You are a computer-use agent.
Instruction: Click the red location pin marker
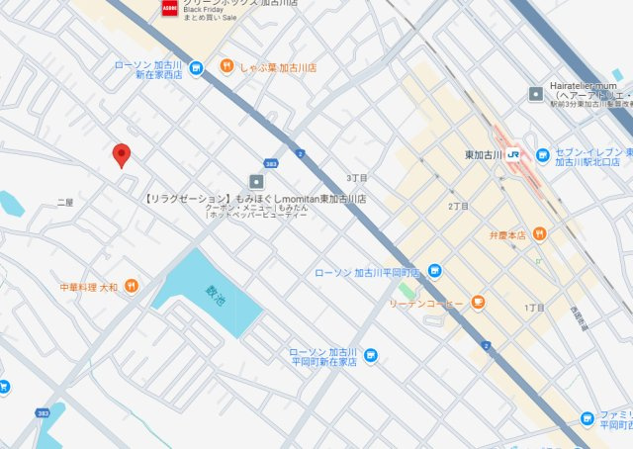(122, 154)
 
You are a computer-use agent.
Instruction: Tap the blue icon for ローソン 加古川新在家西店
(196, 68)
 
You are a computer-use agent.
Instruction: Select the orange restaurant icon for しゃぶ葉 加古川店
(226, 67)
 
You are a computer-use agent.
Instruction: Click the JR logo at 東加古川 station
(513, 155)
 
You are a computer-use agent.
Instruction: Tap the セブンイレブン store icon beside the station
(542, 155)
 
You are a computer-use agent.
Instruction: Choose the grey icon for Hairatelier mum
(536, 94)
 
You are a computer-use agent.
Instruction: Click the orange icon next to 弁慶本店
(539, 234)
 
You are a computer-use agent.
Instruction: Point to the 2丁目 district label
(458, 206)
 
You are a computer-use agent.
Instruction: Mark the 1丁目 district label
(534, 308)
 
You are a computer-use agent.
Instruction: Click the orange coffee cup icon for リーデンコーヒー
(478, 302)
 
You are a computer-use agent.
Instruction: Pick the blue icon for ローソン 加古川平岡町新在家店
(370, 355)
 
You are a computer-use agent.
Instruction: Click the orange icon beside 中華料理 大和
(132, 287)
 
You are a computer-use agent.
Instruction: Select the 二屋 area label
(65, 202)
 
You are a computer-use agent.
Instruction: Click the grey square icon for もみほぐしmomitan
(257, 181)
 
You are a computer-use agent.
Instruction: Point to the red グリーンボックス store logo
(168, 8)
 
